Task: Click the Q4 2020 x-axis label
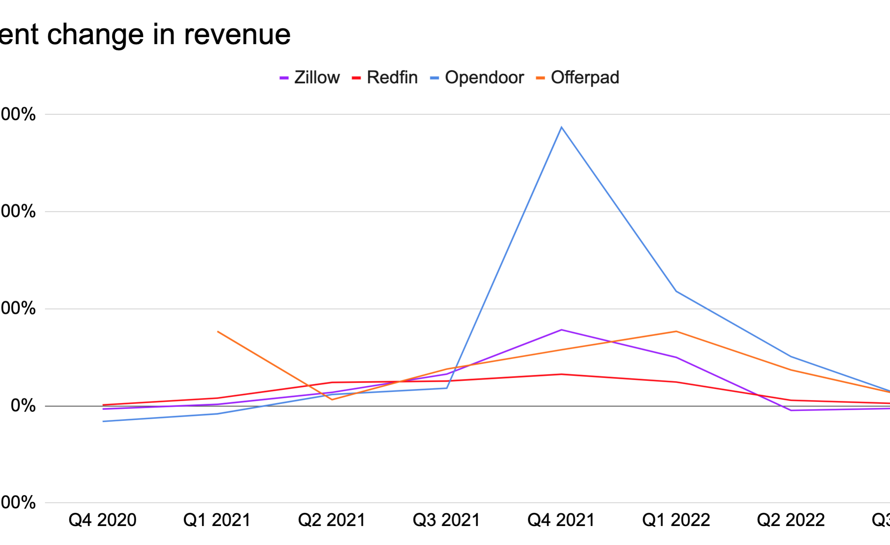point(103,520)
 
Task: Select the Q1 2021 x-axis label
point(217,520)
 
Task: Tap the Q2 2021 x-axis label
point(332,520)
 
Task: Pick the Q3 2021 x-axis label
point(447,520)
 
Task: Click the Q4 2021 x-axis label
point(561,520)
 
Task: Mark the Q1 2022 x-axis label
point(676,520)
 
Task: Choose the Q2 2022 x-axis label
point(791,520)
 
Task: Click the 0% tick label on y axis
point(23,406)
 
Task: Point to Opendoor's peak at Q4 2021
point(561,127)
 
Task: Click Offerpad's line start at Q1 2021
point(218,331)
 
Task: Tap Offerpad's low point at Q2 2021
point(332,399)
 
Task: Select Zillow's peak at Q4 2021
point(561,330)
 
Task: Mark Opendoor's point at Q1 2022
point(676,291)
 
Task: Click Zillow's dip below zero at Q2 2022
point(791,410)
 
